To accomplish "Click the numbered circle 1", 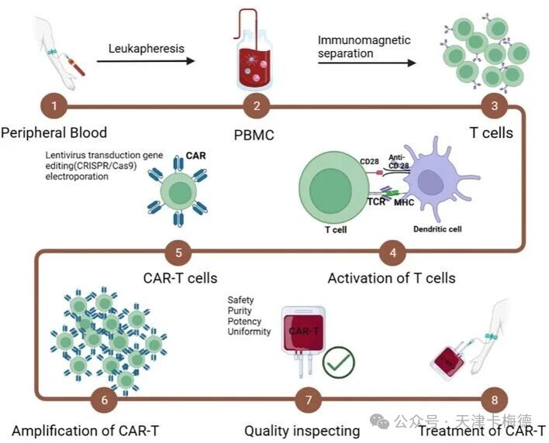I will tap(54, 104).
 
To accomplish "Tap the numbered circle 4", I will tap(392, 251).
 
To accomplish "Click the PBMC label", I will tap(254, 134).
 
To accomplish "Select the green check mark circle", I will tap(338, 360).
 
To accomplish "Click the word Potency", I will tap(244, 321).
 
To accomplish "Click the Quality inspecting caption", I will tap(302, 430).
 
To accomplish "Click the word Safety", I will tap(240, 300).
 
